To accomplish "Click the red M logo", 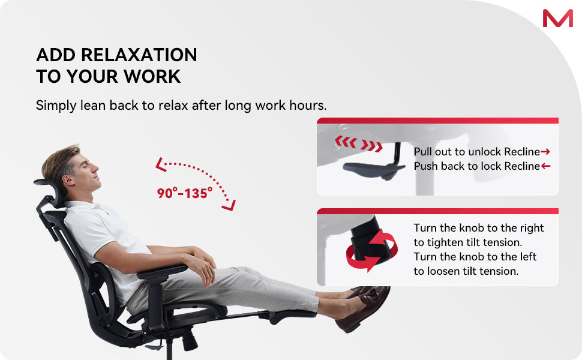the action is click(x=557, y=18).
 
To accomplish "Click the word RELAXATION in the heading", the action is click(x=139, y=55).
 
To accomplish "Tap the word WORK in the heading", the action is click(x=152, y=76).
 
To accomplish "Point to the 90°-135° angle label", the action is click(x=184, y=193).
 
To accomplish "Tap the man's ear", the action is click(x=68, y=180).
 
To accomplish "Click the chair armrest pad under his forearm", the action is click(x=162, y=272).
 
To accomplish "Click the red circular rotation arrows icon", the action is click(x=371, y=250).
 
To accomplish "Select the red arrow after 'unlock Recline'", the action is click(x=545, y=151).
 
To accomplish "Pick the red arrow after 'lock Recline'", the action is click(x=545, y=166).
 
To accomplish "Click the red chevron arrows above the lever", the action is click(x=359, y=143).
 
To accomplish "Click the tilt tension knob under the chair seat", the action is click(x=190, y=340).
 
